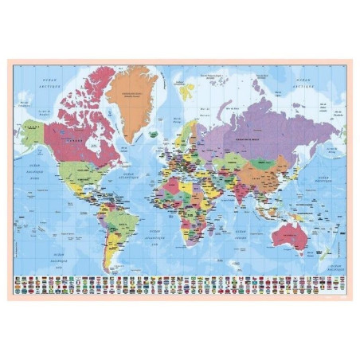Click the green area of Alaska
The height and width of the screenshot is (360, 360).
[33, 132]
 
